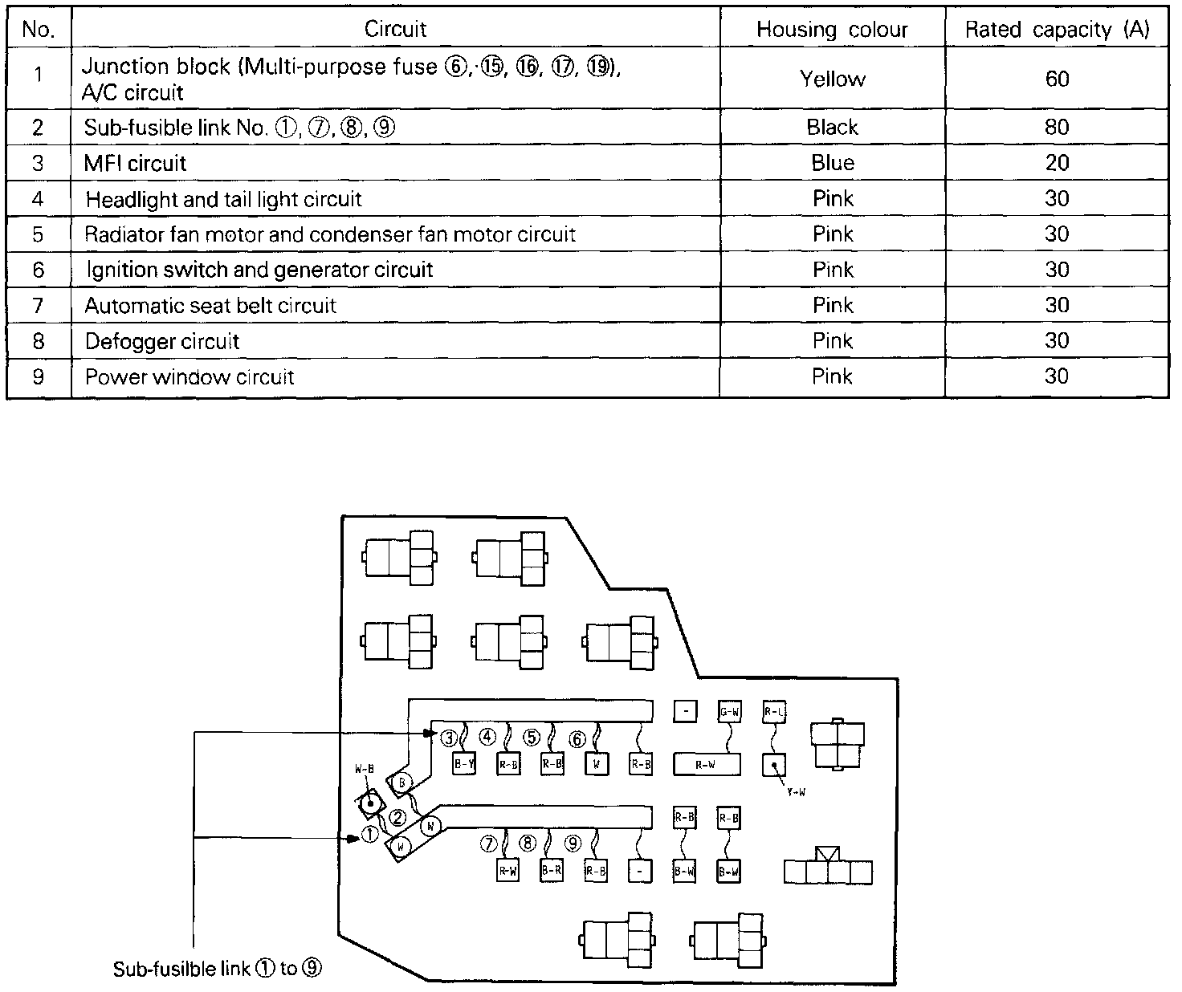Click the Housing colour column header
pos(832,30)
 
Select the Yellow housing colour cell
pos(833,79)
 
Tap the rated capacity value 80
pos(1057,127)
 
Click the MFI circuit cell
pos(135,163)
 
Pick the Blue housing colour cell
pos(833,163)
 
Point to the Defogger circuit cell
pos(162,341)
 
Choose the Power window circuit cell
pos(190,376)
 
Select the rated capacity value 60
pos(1057,79)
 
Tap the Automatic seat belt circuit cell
pos(210,306)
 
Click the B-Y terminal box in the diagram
pos(464,764)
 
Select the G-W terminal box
pos(729,711)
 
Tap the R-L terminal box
pos(774,711)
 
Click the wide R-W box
pos(705,765)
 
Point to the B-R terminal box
pos(552,869)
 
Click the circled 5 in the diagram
pos(532,737)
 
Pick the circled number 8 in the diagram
pos(528,844)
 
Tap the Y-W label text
pos(796,792)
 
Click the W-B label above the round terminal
pos(365,769)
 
